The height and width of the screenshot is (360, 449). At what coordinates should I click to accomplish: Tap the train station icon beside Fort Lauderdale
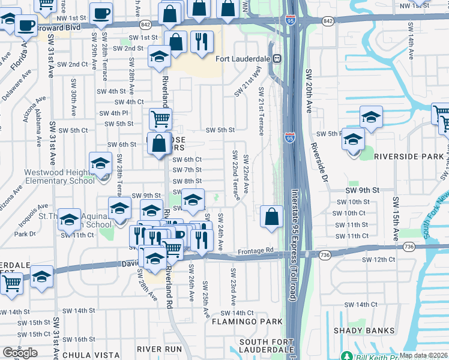click(x=278, y=59)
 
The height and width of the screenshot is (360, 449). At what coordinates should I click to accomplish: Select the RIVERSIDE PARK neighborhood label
click(x=409, y=157)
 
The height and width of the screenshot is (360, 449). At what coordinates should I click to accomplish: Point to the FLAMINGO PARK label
click(x=247, y=322)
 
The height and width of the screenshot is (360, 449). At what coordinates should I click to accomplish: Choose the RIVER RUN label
click(x=159, y=349)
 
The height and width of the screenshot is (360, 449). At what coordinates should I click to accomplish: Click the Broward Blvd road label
click(x=58, y=28)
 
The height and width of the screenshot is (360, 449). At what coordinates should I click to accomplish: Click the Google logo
click(x=20, y=353)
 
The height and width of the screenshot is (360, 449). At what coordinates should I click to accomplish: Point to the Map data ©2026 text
click(x=423, y=355)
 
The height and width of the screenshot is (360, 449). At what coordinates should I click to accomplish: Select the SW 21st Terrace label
click(x=261, y=112)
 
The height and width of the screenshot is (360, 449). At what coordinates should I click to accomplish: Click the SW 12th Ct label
click(x=378, y=260)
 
